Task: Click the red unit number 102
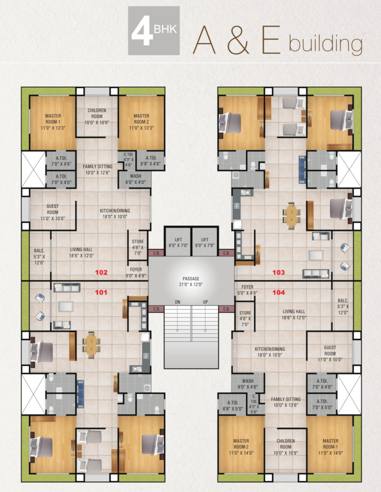pyautogui.click(x=101, y=272)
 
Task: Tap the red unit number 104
pyautogui.click(x=278, y=292)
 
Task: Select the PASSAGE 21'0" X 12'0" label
pyautogui.click(x=191, y=281)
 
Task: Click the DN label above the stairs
pyautogui.click(x=177, y=302)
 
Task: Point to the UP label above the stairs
pyautogui.click(x=205, y=302)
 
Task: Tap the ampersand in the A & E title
pyautogui.click(x=238, y=40)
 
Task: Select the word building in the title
pyautogui.click(x=325, y=43)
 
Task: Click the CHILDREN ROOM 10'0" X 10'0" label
pyautogui.click(x=97, y=116)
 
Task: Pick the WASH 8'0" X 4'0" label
pyautogui.click(x=136, y=179)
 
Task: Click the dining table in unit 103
pyautogui.click(x=291, y=216)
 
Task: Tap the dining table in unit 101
pyautogui.click(x=91, y=345)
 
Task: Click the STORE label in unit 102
pyautogui.click(x=138, y=241)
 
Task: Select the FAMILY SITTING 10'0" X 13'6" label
pyautogui.click(x=286, y=402)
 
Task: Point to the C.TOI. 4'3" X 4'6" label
pyautogui.click(x=129, y=159)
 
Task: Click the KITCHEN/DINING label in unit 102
pyautogui.click(x=115, y=211)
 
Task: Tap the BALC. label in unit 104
pyautogui.click(x=343, y=300)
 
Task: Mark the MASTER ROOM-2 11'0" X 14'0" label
pyautogui.click(x=241, y=447)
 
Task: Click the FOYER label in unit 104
pyautogui.click(x=247, y=287)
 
